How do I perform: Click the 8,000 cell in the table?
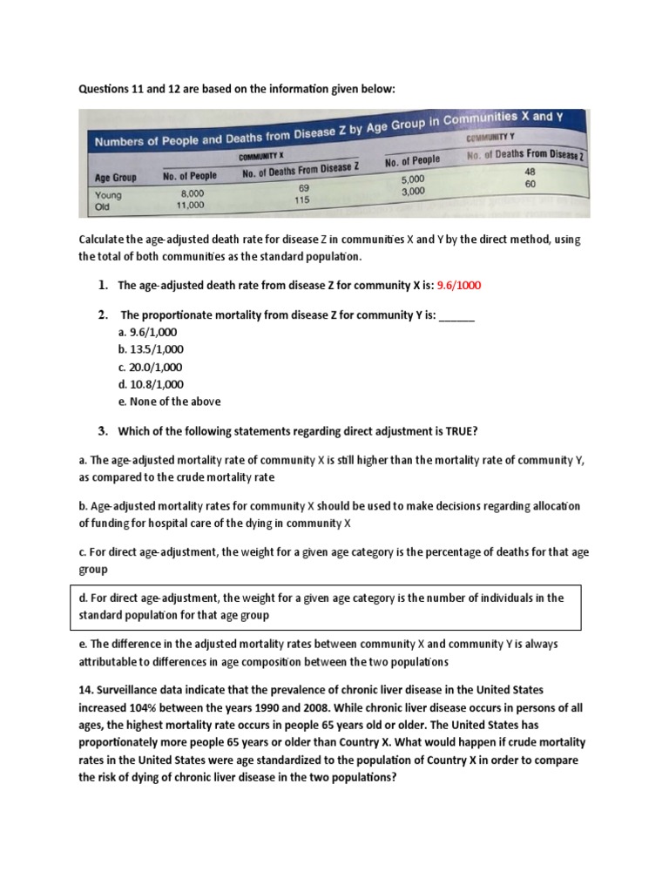(193, 193)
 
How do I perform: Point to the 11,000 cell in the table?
(190, 206)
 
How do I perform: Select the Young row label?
(108, 195)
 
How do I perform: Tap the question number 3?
(102, 430)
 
